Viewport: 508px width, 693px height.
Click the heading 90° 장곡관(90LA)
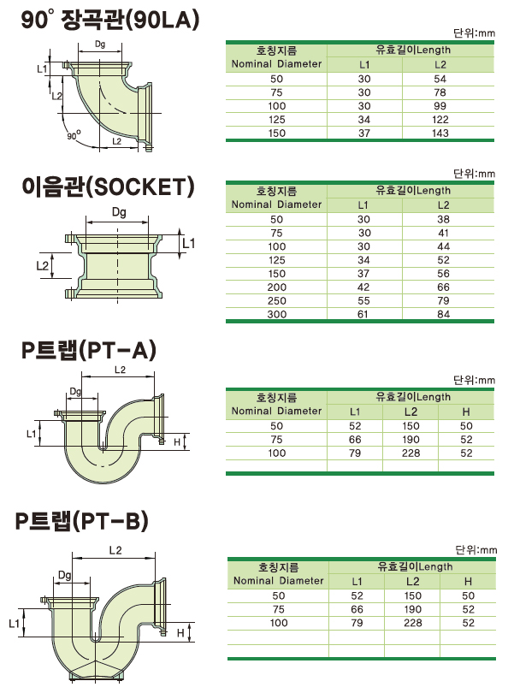coord(110,20)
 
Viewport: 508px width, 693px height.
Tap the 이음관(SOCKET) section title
coord(109,187)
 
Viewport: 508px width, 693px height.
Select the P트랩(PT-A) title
coord(89,351)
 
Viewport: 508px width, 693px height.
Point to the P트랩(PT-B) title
coord(82,521)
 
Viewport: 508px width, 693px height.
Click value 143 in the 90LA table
coord(440,133)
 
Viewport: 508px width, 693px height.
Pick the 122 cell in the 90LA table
coord(440,119)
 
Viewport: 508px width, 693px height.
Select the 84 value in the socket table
coord(444,314)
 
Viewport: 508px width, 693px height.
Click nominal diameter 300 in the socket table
coord(276,314)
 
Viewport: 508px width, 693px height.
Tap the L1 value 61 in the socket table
coord(363,314)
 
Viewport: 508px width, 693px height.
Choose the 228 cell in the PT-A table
coord(411,453)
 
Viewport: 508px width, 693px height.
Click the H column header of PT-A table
coord(466,412)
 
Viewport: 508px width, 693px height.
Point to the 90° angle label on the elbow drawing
coord(74,135)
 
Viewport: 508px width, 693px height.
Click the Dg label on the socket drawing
coord(119,212)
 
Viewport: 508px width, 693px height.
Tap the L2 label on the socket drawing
coord(43,265)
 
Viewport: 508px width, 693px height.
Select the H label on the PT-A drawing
coord(177,442)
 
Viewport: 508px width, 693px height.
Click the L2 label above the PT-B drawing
coord(115,550)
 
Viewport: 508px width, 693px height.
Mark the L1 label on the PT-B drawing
coord(15,623)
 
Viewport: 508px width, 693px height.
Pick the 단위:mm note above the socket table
coord(474,173)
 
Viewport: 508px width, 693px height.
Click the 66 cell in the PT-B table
coord(357,609)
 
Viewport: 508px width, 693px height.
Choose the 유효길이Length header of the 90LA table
coord(413,50)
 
